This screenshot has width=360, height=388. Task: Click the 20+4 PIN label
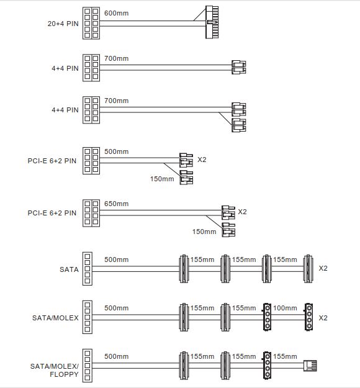click(63, 24)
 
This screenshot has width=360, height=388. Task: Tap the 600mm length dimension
click(116, 13)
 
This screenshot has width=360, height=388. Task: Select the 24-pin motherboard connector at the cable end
click(212, 22)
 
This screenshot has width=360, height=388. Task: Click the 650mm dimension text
click(116, 204)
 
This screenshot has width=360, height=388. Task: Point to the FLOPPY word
click(64, 374)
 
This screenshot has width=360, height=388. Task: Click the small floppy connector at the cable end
click(310, 366)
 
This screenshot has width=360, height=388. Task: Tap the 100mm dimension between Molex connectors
click(285, 308)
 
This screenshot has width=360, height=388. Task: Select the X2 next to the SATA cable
click(323, 268)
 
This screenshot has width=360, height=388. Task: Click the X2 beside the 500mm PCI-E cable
click(202, 160)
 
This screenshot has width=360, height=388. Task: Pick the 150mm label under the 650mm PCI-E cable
click(204, 232)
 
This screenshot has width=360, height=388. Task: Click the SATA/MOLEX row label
click(55, 318)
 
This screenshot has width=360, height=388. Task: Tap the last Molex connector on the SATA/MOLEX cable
click(308, 317)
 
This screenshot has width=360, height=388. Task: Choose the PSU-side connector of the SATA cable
click(88, 268)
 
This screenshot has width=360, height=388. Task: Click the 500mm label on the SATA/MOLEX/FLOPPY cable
click(116, 356)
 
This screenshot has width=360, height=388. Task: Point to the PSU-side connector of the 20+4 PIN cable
click(91, 23)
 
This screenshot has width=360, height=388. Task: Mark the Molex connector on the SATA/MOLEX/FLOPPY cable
click(267, 365)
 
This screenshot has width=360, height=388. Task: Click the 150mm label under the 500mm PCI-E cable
click(162, 179)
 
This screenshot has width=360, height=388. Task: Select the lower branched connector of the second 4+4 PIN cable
click(239, 125)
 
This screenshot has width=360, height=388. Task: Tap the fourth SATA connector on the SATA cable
click(308, 269)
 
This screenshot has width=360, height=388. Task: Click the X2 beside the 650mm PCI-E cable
click(242, 212)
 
